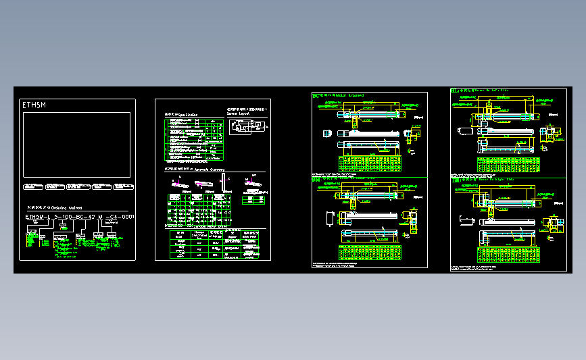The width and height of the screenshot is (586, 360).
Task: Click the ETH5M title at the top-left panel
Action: click(34, 105)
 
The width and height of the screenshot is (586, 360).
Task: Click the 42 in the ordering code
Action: click(93, 217)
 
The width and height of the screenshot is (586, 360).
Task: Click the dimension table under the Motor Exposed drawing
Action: click(370, 165)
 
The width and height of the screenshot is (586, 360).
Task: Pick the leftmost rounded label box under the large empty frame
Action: click(32, 185)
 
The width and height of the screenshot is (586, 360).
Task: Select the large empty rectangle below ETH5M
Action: click(76, 145)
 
